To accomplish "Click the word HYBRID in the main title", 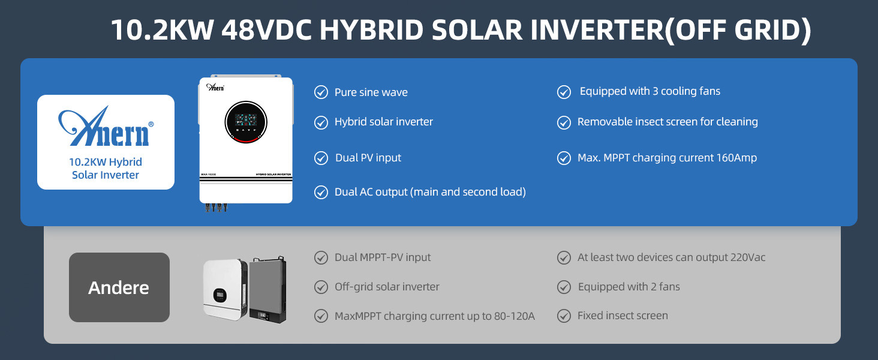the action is click(371, 30).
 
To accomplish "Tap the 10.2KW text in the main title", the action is click(163, 30).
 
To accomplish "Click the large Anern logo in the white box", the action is click(106, 126).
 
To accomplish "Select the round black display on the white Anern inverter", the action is click(246, 122).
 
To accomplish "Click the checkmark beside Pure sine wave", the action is click(321, 92).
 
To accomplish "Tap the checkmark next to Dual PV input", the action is click(321, 158).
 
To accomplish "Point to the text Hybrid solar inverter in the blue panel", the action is click(384, 122).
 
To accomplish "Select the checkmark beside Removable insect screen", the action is click(564, 122).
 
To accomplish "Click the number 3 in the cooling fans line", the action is click(655, 91).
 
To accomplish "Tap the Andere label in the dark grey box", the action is click(119, 288).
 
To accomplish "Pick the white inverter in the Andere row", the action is click(225, 289).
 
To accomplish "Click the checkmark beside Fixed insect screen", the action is click(564, 316).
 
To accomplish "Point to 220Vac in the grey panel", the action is click(748, 257).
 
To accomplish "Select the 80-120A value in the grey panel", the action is click(514, 316).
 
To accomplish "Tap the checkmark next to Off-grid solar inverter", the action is click(321, 287).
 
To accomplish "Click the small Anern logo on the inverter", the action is click(215, 87).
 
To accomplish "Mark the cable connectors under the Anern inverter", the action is click(216, 208).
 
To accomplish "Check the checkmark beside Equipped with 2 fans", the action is click(564, 287).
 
